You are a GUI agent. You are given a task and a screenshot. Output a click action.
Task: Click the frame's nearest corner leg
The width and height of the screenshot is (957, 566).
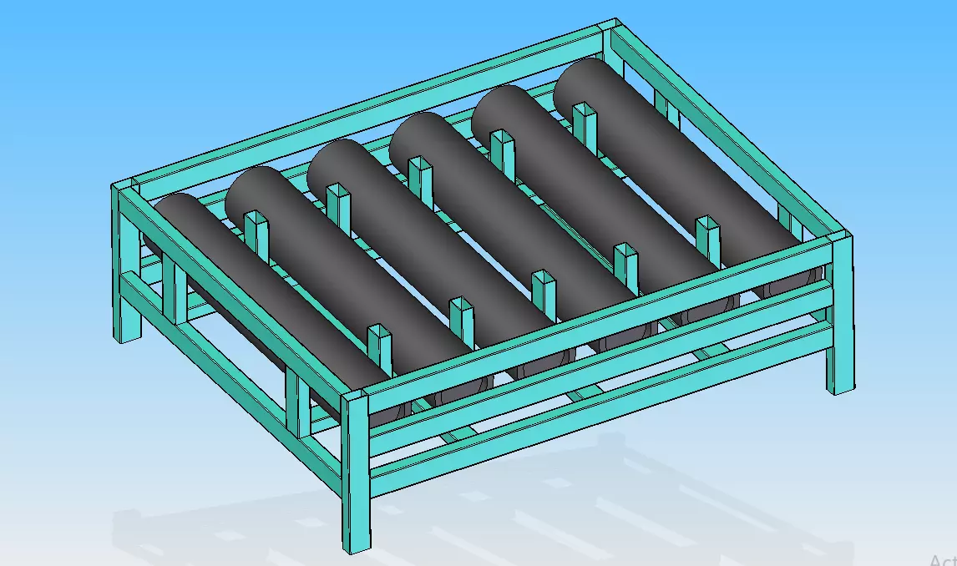pos(354,476)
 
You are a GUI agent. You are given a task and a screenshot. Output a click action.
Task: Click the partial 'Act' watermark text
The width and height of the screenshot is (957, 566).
pos(942,560)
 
